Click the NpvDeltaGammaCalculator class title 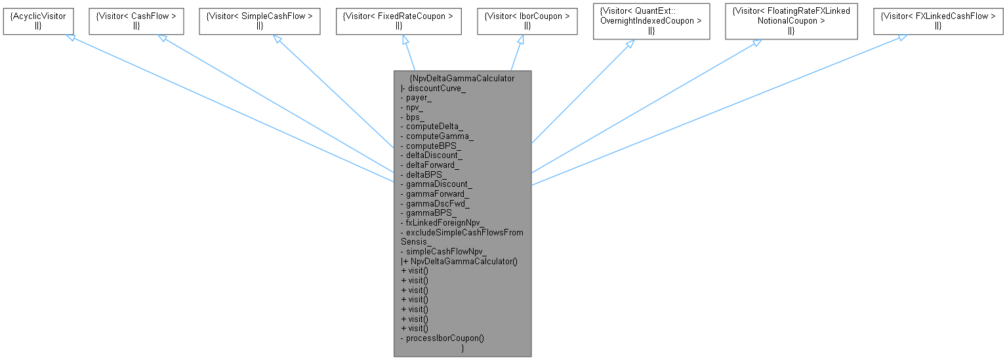[462, 78]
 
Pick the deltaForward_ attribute [432, 165]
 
